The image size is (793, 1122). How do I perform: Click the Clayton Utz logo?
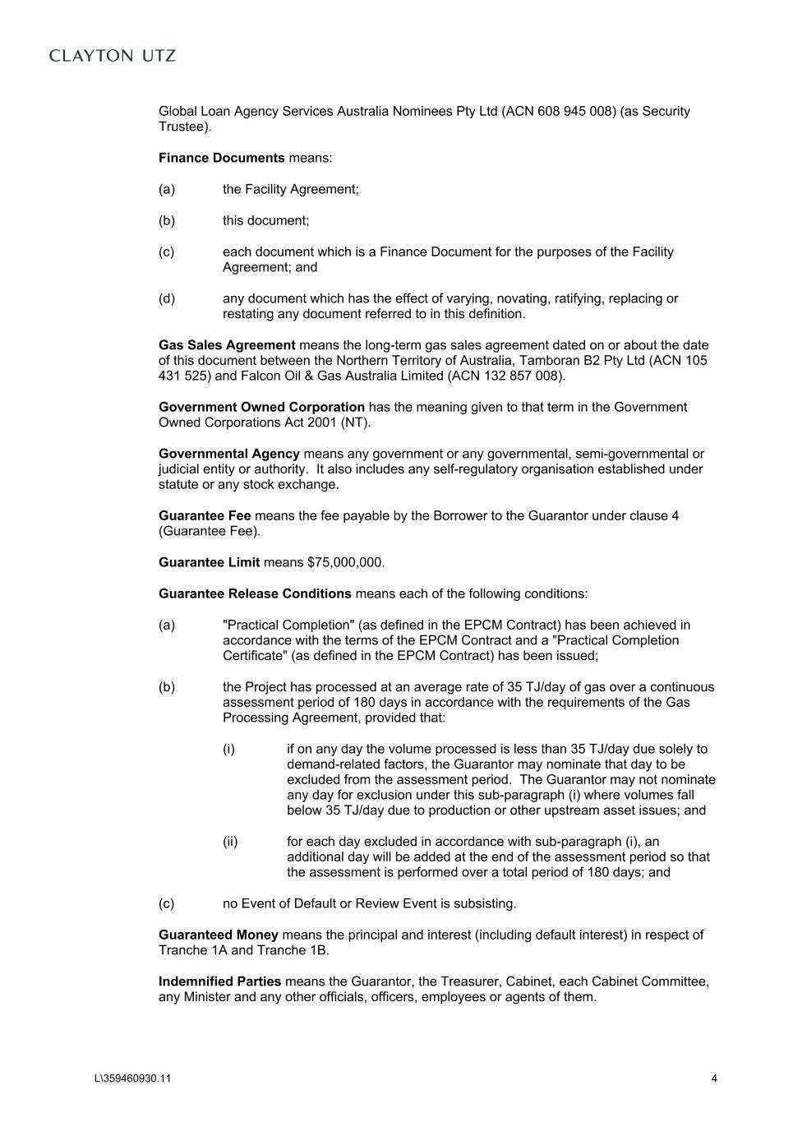click(113, 56)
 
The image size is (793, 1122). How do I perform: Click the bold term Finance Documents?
click(221, 158)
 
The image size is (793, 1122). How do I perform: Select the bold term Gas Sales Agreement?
click(227, 345)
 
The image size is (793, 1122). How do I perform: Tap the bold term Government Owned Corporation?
click(261, 407)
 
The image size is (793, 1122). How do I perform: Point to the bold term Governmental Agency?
click(228, 454)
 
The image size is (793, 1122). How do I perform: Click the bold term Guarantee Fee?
click(205, 516)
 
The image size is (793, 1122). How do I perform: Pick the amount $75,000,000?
click(344, 563)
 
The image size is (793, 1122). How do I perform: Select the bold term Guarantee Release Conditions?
click(255, 594)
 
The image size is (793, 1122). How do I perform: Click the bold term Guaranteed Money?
click(218, 935)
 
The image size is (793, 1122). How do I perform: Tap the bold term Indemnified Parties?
click(219, 982)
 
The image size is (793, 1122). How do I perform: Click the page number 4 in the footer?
click(714, 1079)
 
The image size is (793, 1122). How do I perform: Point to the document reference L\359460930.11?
click(133, 1079)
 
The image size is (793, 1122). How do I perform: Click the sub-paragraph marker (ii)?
click(230, 842)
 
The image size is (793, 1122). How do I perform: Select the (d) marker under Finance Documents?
click(167, 298)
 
